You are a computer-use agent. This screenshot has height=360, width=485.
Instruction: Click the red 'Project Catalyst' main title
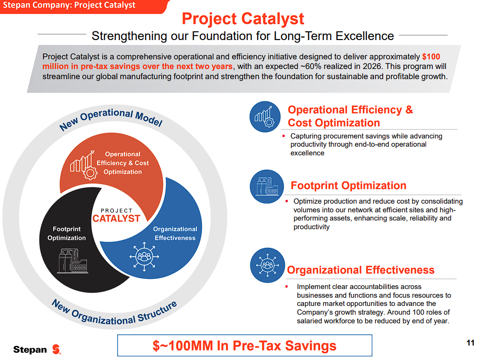click(243, 19)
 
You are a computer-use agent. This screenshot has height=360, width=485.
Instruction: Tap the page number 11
click(470, 343)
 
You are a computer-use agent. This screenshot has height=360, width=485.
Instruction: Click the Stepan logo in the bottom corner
click(37, 349)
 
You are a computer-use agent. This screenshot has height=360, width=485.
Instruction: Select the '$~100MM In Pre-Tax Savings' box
click(245, 346)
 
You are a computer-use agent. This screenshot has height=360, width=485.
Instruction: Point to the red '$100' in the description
click(431, 56)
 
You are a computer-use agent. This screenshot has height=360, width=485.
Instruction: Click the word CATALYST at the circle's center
click(116, 219)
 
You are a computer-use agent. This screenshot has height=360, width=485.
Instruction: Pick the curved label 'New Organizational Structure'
click(114, 313)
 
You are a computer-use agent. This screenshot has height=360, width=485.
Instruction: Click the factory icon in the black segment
click(73, 261)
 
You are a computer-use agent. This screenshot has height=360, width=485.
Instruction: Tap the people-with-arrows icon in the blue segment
click(144, 256)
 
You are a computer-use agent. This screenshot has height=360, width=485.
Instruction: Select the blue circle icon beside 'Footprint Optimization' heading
click(266, 186)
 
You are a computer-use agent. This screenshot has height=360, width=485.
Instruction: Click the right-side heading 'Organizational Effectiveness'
click(360, 270)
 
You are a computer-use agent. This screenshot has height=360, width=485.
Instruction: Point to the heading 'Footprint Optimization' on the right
click(348, 186)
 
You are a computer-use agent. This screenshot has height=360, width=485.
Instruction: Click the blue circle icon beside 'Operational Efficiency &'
click(265, 117)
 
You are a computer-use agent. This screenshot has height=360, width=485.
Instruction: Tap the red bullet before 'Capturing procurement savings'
click(283, 136)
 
